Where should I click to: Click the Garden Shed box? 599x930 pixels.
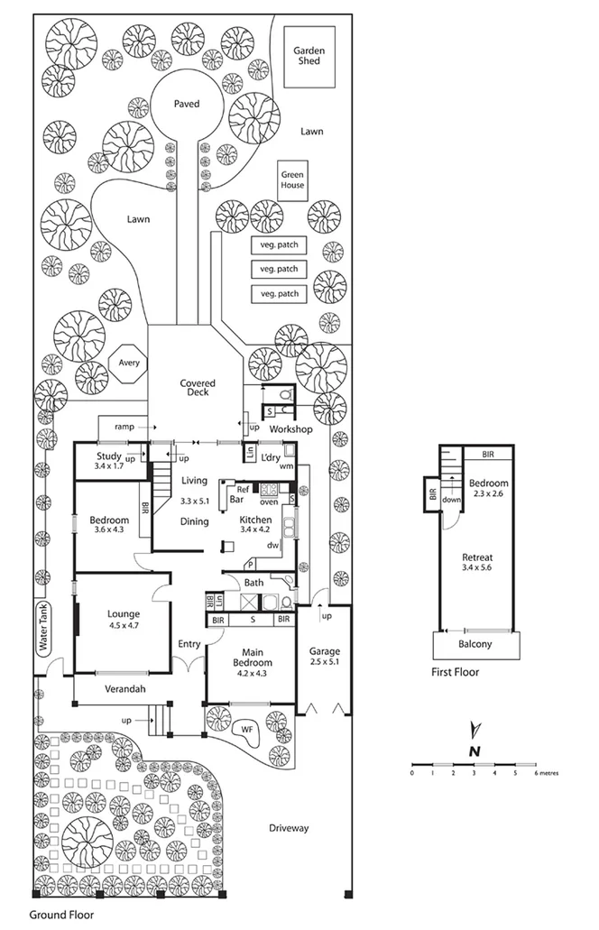click(309, 57)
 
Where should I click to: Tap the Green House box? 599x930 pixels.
click(292, 180)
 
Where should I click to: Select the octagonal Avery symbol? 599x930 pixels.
click(124, 364)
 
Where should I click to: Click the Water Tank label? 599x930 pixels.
click(41, 628)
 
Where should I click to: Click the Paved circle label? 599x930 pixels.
click(186, 104)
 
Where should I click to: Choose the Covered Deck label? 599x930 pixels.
click(194, 388)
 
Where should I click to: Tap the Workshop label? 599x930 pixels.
click(290, 428)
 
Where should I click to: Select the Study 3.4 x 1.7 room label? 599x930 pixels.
click(108, 462)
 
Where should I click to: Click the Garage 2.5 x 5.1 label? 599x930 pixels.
click(324, 657)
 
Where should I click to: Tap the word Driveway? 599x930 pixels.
click(289, 827)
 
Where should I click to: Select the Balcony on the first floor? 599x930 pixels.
click(477, 644)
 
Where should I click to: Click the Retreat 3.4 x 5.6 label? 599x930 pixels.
click(478, 563)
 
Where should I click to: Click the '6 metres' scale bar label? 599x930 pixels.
click(546, 773)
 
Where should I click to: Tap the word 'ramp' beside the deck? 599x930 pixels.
click(124, 425)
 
